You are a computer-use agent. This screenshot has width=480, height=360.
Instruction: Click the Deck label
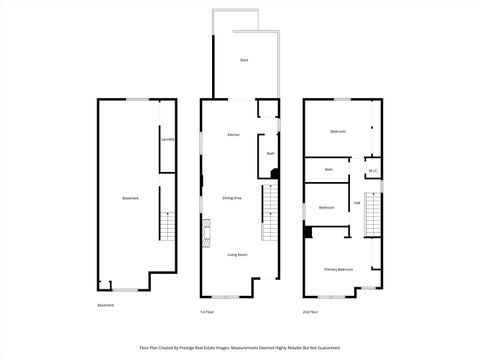tap(244, 61)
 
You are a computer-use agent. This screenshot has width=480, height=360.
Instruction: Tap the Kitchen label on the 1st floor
tap(233, 135)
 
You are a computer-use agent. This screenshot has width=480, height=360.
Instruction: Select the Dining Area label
tap(232, 198)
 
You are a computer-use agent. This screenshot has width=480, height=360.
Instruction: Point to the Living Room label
tap(237, 255)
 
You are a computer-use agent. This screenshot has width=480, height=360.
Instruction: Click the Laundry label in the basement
tap(168, 139)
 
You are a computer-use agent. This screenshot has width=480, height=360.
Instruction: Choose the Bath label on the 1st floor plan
tap(270, 153)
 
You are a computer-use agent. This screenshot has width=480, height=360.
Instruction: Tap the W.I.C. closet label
tap(372, 170)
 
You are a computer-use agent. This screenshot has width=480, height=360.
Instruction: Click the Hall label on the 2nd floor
tap(357, 203)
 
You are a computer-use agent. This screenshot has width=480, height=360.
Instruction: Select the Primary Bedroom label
tap(338, 270)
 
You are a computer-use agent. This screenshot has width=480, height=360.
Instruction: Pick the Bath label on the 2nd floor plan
tap(329, 170)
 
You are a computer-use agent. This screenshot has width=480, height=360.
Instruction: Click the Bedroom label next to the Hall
tap(327, 207)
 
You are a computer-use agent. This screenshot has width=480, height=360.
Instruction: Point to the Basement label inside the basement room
tap(130, 198)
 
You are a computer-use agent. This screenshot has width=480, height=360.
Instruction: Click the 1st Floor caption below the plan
tap(207, 312)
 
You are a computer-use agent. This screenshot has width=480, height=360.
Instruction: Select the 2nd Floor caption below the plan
tap(312, 312)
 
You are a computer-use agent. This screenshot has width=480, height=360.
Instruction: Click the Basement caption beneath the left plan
tap(106, 305)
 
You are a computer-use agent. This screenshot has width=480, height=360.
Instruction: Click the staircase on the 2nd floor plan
tap(373, 213)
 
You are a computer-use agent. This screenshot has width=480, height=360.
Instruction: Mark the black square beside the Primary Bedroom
tap(309, 233)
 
